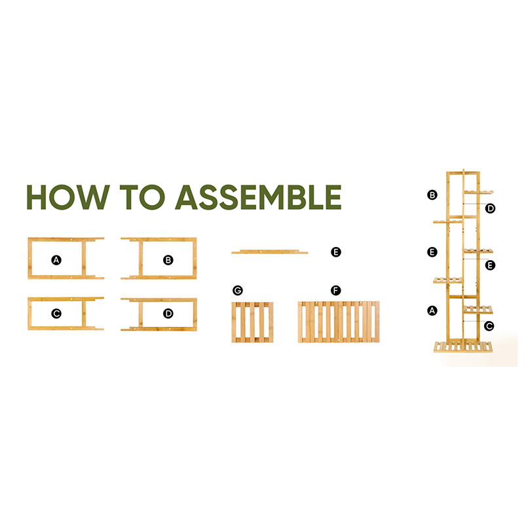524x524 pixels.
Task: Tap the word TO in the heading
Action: [142, 197]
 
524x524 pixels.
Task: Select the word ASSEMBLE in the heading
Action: [258, 197]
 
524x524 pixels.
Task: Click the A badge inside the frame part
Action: [56, 259]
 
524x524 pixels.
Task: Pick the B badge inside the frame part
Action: [168, 259]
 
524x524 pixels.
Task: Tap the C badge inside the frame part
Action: [56, 314]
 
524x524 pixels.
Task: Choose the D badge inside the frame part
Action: [168, 314]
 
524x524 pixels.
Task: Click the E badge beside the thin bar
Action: [336, 252]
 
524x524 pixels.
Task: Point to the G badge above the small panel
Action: [238, 290]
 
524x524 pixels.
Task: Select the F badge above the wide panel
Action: [336, 290]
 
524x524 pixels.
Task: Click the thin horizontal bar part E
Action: [270, 252]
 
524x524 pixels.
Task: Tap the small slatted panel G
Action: [252, 322]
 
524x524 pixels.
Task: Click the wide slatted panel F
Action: [339, 322]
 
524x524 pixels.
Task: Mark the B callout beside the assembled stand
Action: [432, 195]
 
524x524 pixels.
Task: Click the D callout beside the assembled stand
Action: [490, 208]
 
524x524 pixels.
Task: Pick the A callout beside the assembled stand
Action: [432, 310]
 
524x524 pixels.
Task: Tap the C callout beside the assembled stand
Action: [489, 326]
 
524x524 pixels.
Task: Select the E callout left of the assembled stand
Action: [432, 252]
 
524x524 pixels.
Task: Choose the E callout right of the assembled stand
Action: [490, 265]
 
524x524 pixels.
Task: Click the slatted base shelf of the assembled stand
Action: [463, 346]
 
